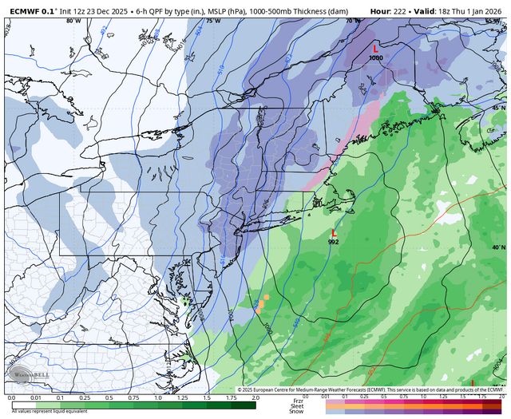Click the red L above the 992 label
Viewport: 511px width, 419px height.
[x=333, y=233]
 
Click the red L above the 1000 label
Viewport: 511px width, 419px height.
[x=376, y=49]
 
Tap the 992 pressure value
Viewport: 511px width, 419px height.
[x=333, y=241]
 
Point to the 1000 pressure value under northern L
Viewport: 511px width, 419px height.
[x=376, y=57]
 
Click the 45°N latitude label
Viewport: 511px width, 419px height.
[x=498, y=108]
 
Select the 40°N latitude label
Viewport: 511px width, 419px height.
[x=498, y=248]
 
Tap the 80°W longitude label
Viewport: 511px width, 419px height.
[x=73, y=21]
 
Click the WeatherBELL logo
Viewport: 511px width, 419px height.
[x=25, y=377]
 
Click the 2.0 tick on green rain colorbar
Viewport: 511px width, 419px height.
[x=255, y=397]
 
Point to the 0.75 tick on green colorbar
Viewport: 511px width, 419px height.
[x=133, y=397]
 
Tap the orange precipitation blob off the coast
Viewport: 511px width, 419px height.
[x=260, y=305]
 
